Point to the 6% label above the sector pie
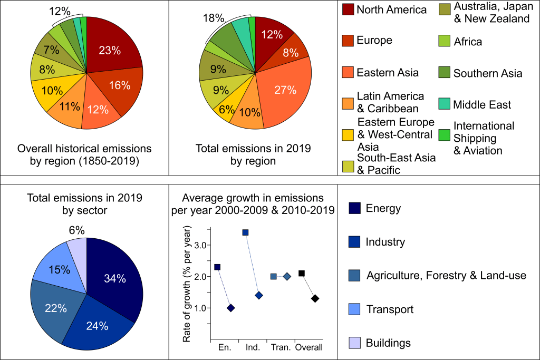(x=76, y=230)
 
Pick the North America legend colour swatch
(x=348, y=9)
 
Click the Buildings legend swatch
(x=354, y=343)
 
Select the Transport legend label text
(x=390, y=309)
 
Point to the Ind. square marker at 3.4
(x=245, y=232)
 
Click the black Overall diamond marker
(x=315, y=298)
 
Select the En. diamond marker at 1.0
(x=230, y=308)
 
